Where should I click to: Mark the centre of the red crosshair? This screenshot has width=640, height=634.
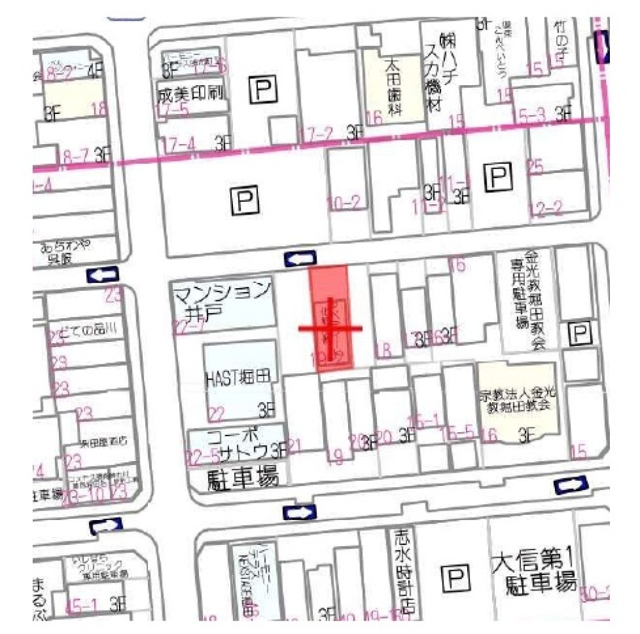[331, 329]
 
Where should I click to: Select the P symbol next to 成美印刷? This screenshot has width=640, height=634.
[263, 90]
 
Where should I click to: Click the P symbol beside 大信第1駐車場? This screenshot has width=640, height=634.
[455, 580]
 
